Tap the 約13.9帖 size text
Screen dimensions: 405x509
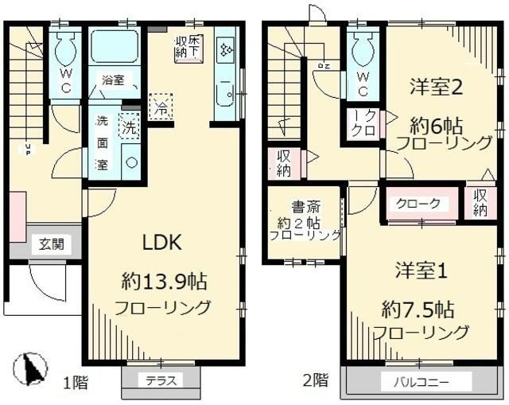pos(165,281)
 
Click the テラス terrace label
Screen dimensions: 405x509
pos(160,380)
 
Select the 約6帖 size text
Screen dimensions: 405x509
pos(436,124)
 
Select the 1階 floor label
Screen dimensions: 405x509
pos(75,382)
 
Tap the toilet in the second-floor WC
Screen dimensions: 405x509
pos(363,49)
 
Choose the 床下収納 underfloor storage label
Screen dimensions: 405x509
pos(189,45)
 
